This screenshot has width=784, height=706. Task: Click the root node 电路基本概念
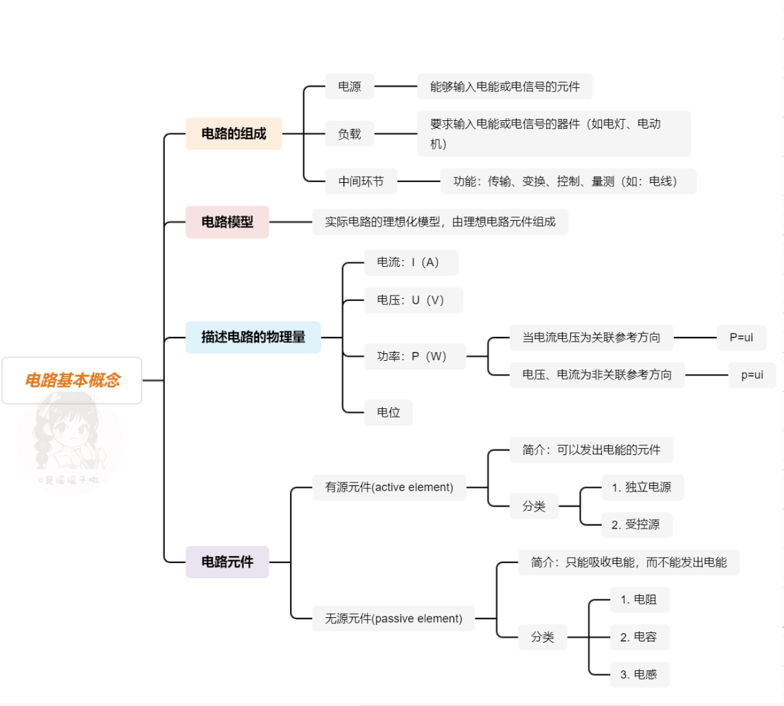[72, 380]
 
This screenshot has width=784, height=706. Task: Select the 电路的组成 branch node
[234, 133]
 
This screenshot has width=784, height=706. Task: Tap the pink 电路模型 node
[227, 222]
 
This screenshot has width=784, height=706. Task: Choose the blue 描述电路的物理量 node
[253, 337]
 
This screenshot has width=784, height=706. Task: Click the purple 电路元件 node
[227, 562]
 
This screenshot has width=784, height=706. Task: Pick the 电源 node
[350, 87]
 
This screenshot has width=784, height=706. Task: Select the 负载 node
[350, 134]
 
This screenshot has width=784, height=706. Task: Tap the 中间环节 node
[361, 181]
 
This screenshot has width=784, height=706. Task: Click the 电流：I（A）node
[410, 263]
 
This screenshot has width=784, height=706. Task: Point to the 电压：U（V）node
[413, 300]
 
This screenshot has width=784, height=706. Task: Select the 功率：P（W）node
[414, 356]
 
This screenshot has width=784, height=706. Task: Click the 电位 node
[388, 412]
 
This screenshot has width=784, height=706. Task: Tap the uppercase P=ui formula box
[741, 338]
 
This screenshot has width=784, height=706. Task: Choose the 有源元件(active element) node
[389, 487]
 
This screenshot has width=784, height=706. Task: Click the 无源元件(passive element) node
[394, 618]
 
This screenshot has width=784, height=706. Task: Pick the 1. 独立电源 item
[642, 487]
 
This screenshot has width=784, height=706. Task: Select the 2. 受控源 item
[636, 525]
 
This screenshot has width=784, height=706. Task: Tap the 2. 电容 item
[639, 637]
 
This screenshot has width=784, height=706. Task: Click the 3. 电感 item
[639, 674]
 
